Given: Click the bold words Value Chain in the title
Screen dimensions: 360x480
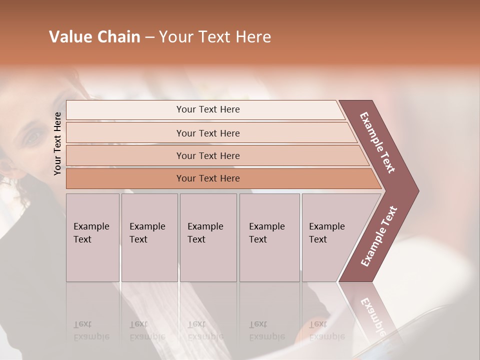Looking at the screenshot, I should tap(94, 37).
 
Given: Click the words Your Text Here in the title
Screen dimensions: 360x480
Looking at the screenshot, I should tap(215, 37).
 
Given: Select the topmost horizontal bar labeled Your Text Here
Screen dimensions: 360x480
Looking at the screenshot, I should tap(207, 109).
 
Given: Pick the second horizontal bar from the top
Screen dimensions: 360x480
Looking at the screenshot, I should tap(207, 133).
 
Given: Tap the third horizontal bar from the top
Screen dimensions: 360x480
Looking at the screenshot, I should tap(207, 155).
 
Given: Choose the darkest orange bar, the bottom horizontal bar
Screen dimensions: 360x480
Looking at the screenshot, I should tap(207, 178).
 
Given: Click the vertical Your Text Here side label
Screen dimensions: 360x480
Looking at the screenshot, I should tap(57, 143).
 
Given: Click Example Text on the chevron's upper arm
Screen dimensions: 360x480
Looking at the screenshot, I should tap(377, 142).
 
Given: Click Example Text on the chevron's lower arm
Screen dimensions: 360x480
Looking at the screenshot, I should tap(378, 236).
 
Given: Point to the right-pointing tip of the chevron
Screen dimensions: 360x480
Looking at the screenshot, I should tap(417, 190).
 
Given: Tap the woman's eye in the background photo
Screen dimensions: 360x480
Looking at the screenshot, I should tap(33, 136).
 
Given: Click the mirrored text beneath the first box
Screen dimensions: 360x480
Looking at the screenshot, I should tap(91, 330).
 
